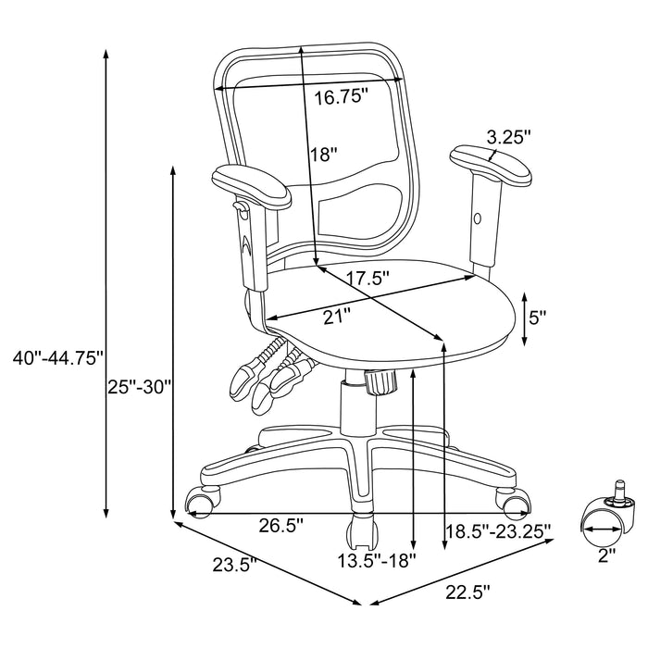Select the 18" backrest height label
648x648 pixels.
[x=323, y=155]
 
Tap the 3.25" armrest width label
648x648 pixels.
[x=508, y=137]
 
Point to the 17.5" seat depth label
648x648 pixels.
[x=362, y=277]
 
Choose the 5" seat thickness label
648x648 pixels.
[x=537, y=317]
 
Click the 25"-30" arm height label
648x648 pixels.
[x=140, y=387]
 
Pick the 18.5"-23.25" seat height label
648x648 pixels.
[x=498, y=530]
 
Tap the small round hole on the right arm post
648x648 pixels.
[x=478, y=219]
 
